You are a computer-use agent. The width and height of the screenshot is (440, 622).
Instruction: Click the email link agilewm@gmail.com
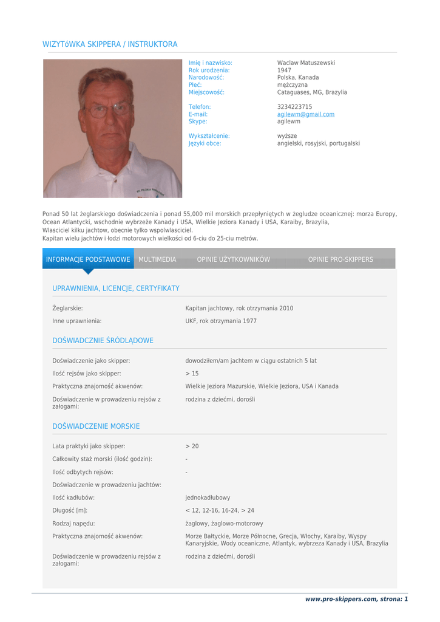click(306, 114)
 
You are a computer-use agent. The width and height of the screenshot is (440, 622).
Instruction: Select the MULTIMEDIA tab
click(157, 259)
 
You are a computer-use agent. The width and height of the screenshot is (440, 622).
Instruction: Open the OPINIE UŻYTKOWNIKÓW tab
click(233, 259)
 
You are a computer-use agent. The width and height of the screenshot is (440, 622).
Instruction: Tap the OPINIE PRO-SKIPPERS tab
click(340, 259)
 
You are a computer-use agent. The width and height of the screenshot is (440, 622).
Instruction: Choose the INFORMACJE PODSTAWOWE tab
click(88, 259)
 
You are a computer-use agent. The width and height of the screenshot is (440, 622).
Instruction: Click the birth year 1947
click(284, 70)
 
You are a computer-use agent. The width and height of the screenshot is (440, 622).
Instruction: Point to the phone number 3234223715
click(294, 107)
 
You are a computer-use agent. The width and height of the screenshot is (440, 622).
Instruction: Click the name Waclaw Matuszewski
click(306, 63)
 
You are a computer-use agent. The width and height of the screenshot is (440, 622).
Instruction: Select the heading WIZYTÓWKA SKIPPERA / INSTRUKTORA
click(110, 44)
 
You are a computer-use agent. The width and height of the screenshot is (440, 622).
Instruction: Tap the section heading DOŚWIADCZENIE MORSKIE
click(96, 426)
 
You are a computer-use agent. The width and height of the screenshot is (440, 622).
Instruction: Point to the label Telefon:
click(200, 107)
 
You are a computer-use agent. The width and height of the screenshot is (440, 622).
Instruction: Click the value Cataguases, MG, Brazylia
click(312, 92)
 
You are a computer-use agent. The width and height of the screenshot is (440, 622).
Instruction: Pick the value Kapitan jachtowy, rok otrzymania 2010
click(239, 308)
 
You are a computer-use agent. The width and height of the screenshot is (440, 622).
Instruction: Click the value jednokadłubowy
click(208, 497)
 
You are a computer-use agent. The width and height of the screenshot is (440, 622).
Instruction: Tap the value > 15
click(192, 374)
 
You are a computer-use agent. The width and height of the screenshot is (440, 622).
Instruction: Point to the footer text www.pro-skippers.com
click(340, 599)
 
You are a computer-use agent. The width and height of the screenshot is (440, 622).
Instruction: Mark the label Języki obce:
click(205, 143)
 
